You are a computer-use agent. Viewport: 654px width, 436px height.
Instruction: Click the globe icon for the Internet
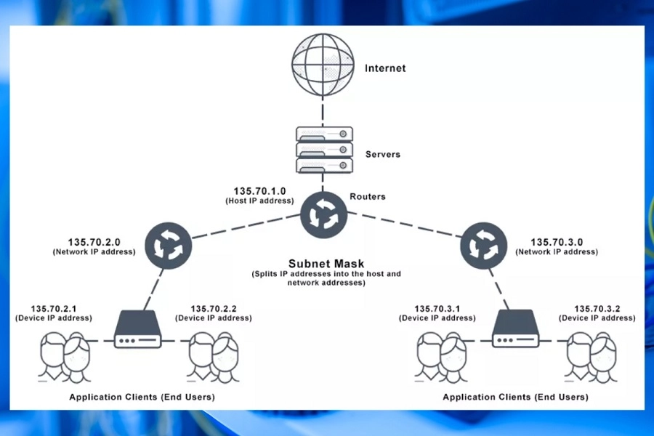pyautogui.click(x=322, y=66)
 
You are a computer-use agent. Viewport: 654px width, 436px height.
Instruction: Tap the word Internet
pyautogui.click(x=385, y=69)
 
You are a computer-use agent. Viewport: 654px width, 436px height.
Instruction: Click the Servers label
pyautogui.click(x=382, y=155)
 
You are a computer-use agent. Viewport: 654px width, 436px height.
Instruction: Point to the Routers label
pyautogui.click(x=368, y=197)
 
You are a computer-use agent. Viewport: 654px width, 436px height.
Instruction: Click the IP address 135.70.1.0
pyautogui.click(x=259, y=191)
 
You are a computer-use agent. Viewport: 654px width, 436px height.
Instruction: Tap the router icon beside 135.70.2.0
pyautogui.click(x=168, y=245)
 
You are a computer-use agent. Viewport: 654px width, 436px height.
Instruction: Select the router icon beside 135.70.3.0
pyautogui.click(x=483, y=245)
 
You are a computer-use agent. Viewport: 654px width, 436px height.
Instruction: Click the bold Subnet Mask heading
pyautogui.click(x=326, y=264)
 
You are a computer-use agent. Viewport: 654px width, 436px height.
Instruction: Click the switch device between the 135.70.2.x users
pyautogui.click(x=137, y=331)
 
